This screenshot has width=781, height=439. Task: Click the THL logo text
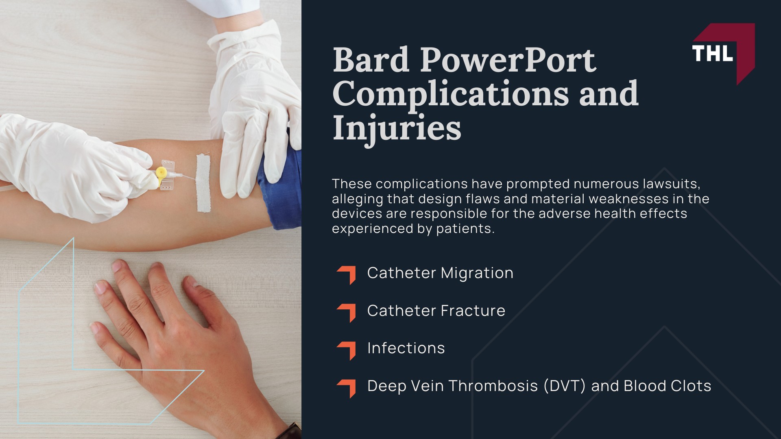pyautogui.click(x=712, y=54)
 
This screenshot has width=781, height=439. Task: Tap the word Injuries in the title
pyautogui.click(x=397, y=128)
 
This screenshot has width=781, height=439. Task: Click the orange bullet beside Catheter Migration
pyautogui.click(x=347, y=274)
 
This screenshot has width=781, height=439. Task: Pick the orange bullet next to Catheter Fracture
pyautogui.click(x=347, y=312)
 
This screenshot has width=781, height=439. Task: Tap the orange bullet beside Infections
pyautogui.click(x=347, y=350)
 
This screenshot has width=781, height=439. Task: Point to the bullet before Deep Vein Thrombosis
pyautogui.click(x=347, y=387)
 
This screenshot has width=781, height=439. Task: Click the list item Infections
pyautogui.click(x=406, y=348)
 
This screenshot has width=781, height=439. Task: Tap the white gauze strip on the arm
pyautogui.click(x=203, y=183)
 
